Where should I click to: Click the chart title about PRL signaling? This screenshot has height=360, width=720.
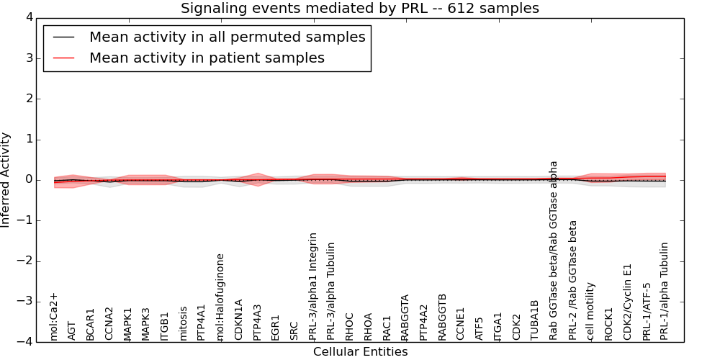click(x=359, y=9)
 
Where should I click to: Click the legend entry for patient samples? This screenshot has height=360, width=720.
click(x=207, y=58)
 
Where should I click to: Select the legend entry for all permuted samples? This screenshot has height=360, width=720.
click(x=227, y=37)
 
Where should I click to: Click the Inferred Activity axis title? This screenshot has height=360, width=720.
click(x=6, y=180)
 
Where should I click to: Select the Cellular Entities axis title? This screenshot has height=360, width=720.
click(x=360, y=352)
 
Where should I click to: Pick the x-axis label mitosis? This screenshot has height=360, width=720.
click(x=184, y=323)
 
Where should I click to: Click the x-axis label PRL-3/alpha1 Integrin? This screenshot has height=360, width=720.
click(x=313, y=286)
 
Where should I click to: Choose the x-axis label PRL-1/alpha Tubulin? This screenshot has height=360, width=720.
click(x=665, y=291)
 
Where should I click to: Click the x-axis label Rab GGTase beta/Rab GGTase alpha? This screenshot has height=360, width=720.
click(x=554, y=250)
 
